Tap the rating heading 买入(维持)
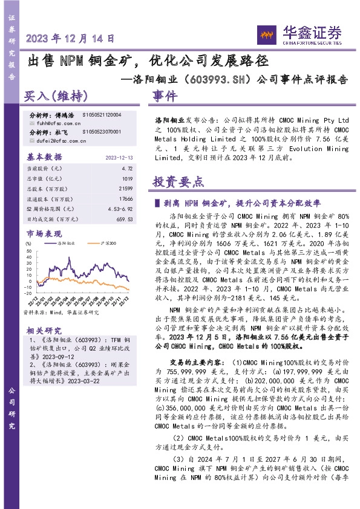pos(56,97)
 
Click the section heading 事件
pos(165,97)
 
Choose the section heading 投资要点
pos(178,182)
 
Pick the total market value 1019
pos(127,179)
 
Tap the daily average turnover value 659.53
pos(125,219)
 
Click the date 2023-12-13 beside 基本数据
pos(119,157)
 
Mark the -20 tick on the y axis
pos(28,290)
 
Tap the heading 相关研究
pos(45,330)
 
